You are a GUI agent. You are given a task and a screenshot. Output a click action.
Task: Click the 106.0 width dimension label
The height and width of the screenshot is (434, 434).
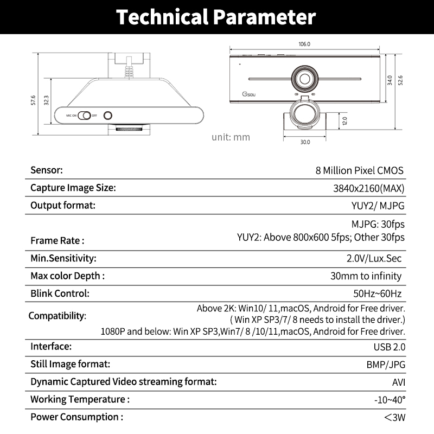click(304, 44)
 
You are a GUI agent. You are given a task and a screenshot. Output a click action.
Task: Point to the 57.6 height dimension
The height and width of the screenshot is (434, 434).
click(34, 100)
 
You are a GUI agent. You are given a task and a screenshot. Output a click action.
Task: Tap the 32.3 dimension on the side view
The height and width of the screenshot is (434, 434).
click(47, 100)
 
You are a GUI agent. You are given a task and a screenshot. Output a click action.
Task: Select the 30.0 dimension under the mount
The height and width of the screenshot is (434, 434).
click(305, 142)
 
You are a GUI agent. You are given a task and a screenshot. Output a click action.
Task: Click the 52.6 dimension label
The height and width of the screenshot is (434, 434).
click(401, 80)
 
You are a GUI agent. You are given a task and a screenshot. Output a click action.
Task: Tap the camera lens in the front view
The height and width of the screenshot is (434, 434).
click(305, 78)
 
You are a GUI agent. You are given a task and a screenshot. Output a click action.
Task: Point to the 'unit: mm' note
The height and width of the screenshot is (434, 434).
click(231, 137)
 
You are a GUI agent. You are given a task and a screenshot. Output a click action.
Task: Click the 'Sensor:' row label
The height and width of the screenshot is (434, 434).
click(47, 170)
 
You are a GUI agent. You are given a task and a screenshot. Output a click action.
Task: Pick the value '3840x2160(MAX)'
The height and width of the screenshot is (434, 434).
click(369, 188)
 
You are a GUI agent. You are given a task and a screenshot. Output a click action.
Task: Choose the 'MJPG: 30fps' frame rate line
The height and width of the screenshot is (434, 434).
click(378, 224)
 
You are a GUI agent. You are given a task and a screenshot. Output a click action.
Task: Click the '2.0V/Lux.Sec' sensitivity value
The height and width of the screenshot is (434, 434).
click(374, 258)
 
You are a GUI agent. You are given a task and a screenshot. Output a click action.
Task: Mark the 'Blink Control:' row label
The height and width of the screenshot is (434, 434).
click(60, 293)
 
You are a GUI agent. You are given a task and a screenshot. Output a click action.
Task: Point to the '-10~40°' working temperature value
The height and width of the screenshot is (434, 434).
click(390, 400)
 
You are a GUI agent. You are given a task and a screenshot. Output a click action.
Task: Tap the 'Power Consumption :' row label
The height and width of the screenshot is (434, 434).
click(76, 417)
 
